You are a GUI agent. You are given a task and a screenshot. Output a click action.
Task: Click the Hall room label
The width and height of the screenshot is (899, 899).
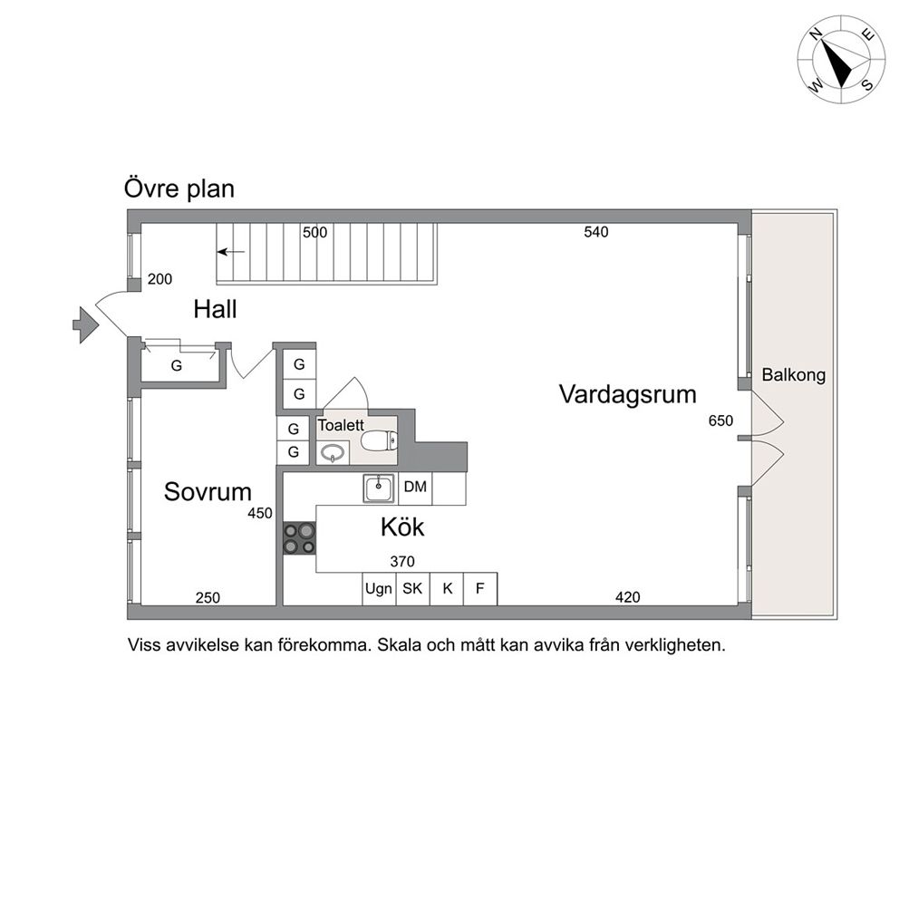pyautogui.click(x=215, y=310)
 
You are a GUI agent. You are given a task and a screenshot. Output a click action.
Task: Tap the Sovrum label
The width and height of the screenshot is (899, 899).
pyautogui.click(x=208, y=492)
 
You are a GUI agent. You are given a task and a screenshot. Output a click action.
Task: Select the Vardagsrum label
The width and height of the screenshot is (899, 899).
pyautogui.click(x=628, y=394)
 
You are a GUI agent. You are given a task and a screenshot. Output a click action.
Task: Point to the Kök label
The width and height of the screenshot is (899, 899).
pyautogui.click(x=402, y=527)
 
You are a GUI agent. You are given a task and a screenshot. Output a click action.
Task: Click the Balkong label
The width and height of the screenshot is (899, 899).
pyautogui.click(x=794, y=375)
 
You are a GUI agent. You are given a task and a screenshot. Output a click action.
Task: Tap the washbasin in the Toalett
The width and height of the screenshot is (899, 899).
pyautogui.click(x=333, y=453)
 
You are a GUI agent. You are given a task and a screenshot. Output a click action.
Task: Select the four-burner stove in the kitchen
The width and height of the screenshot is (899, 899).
pyautogui.click(x=299, y=538)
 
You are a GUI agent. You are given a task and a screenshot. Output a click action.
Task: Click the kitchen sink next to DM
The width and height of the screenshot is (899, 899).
pyautogui.click(x=379, y=488)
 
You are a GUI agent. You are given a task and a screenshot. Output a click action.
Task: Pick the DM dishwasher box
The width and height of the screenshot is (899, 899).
pyautogui.click(x=415, y=488)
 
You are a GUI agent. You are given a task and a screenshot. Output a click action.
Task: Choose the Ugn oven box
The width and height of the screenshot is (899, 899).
pyautogui.click(x=379, y=589)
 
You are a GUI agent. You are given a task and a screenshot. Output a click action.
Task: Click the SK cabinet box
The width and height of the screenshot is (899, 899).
pyautogui.click(x=413, y=589)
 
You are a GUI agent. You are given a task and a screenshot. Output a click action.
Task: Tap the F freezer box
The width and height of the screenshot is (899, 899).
pyautogui.click(x=480, y=589)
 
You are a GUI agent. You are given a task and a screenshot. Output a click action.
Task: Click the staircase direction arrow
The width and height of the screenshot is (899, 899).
pyautogui.click(x=230, y=252)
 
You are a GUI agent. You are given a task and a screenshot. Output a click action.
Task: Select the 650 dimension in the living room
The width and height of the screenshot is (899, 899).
pyautogui.click(x=720, y=420)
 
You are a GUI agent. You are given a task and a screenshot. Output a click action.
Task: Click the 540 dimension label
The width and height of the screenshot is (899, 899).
pyautogui.click(x=596, y=232)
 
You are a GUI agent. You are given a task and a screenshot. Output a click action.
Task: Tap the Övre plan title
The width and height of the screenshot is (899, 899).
pyautogui.click(x=179, y=188)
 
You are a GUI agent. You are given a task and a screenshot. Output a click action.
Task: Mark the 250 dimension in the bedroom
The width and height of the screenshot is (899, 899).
pyautogui.click(x=208, y=598)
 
